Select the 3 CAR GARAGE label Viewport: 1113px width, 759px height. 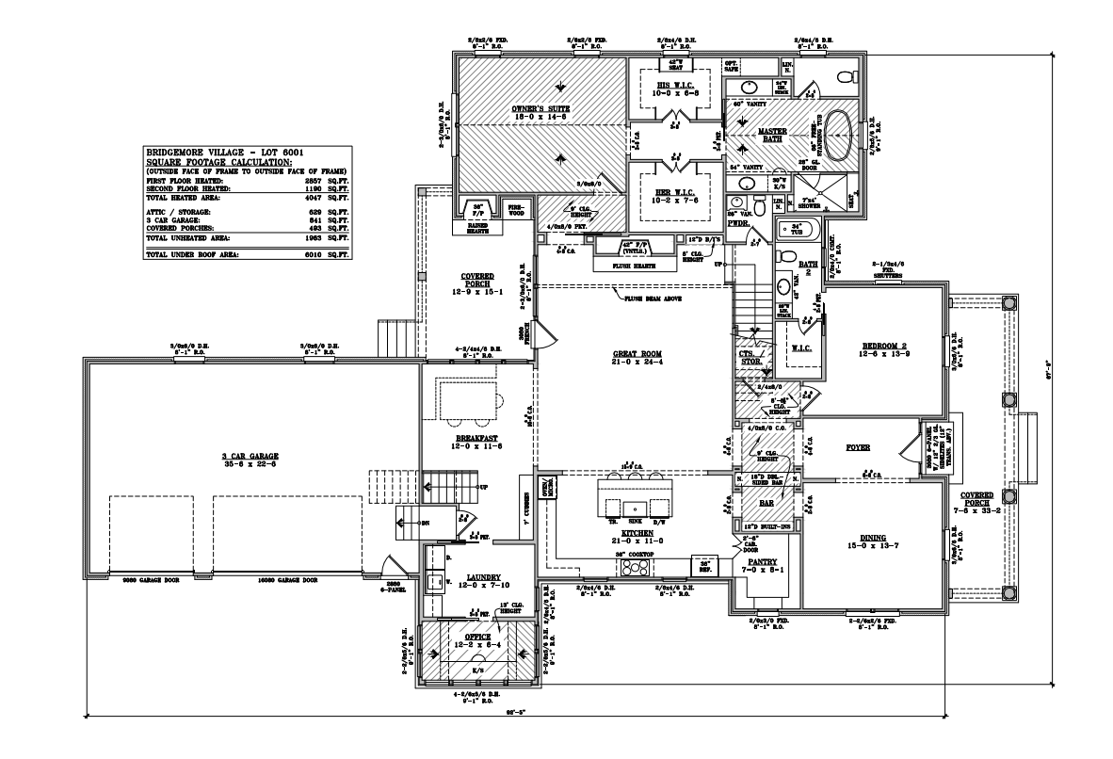click(x=244, y=456)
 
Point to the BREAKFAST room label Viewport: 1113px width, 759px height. click(x=476, y=438)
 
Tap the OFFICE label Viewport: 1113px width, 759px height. click(x=478, y=637)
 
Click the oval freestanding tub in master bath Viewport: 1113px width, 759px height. click(x=843, y=131)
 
